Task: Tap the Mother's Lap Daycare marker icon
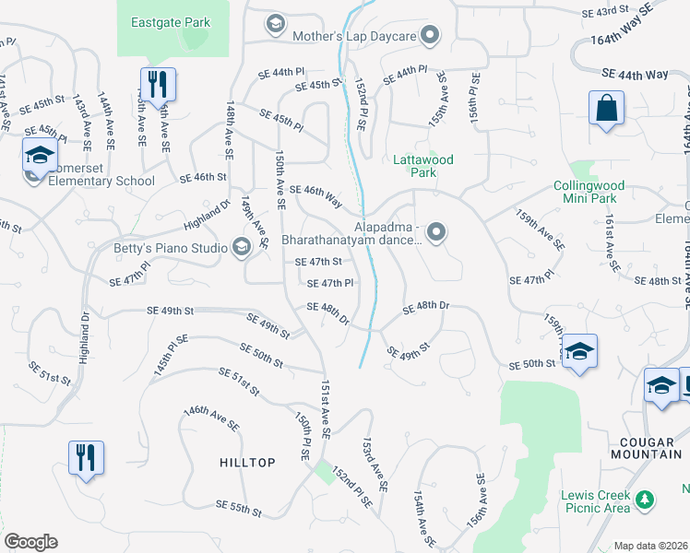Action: coord(430,37)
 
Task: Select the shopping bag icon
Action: coord(607,108)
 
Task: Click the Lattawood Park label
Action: coord(422,166)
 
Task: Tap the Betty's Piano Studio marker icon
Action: coord(242,246)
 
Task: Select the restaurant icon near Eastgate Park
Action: coord(157,84)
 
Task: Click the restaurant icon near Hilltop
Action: coord(86,457)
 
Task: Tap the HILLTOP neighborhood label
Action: coord(247,463)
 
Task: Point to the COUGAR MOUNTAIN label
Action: coord(645,448)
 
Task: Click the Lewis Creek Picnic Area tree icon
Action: coord(647,500)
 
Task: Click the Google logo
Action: coord(30,542)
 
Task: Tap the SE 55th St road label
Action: coord(239,507)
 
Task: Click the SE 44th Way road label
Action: coord(635,73)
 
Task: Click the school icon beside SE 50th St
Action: coord(579,351)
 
